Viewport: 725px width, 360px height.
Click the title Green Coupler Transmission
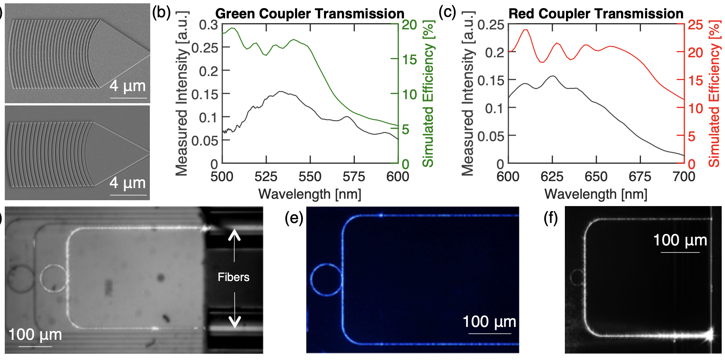click(x=310, y=14)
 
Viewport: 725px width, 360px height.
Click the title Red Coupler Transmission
click(x=596, y=14)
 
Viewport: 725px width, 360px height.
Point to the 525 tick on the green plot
click(x=266, y=177)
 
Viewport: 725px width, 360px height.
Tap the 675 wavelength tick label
click(x=640, y=177)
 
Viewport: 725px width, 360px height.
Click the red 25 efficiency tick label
click(x=695, y=25)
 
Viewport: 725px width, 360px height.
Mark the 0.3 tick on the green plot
click(x=208, y=25)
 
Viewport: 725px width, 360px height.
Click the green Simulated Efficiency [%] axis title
click(x=428, y=94)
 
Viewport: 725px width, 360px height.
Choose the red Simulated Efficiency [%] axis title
click(x=714, y=94)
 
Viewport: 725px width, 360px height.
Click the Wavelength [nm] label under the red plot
click(x=596, y=194)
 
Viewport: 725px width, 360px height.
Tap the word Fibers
click(x=234, y=277)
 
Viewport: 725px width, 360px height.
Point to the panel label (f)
click(x=551, y=219)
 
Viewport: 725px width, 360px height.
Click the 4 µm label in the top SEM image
click(x=128, y=86)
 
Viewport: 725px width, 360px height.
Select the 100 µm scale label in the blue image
click(x=489, y=321)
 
